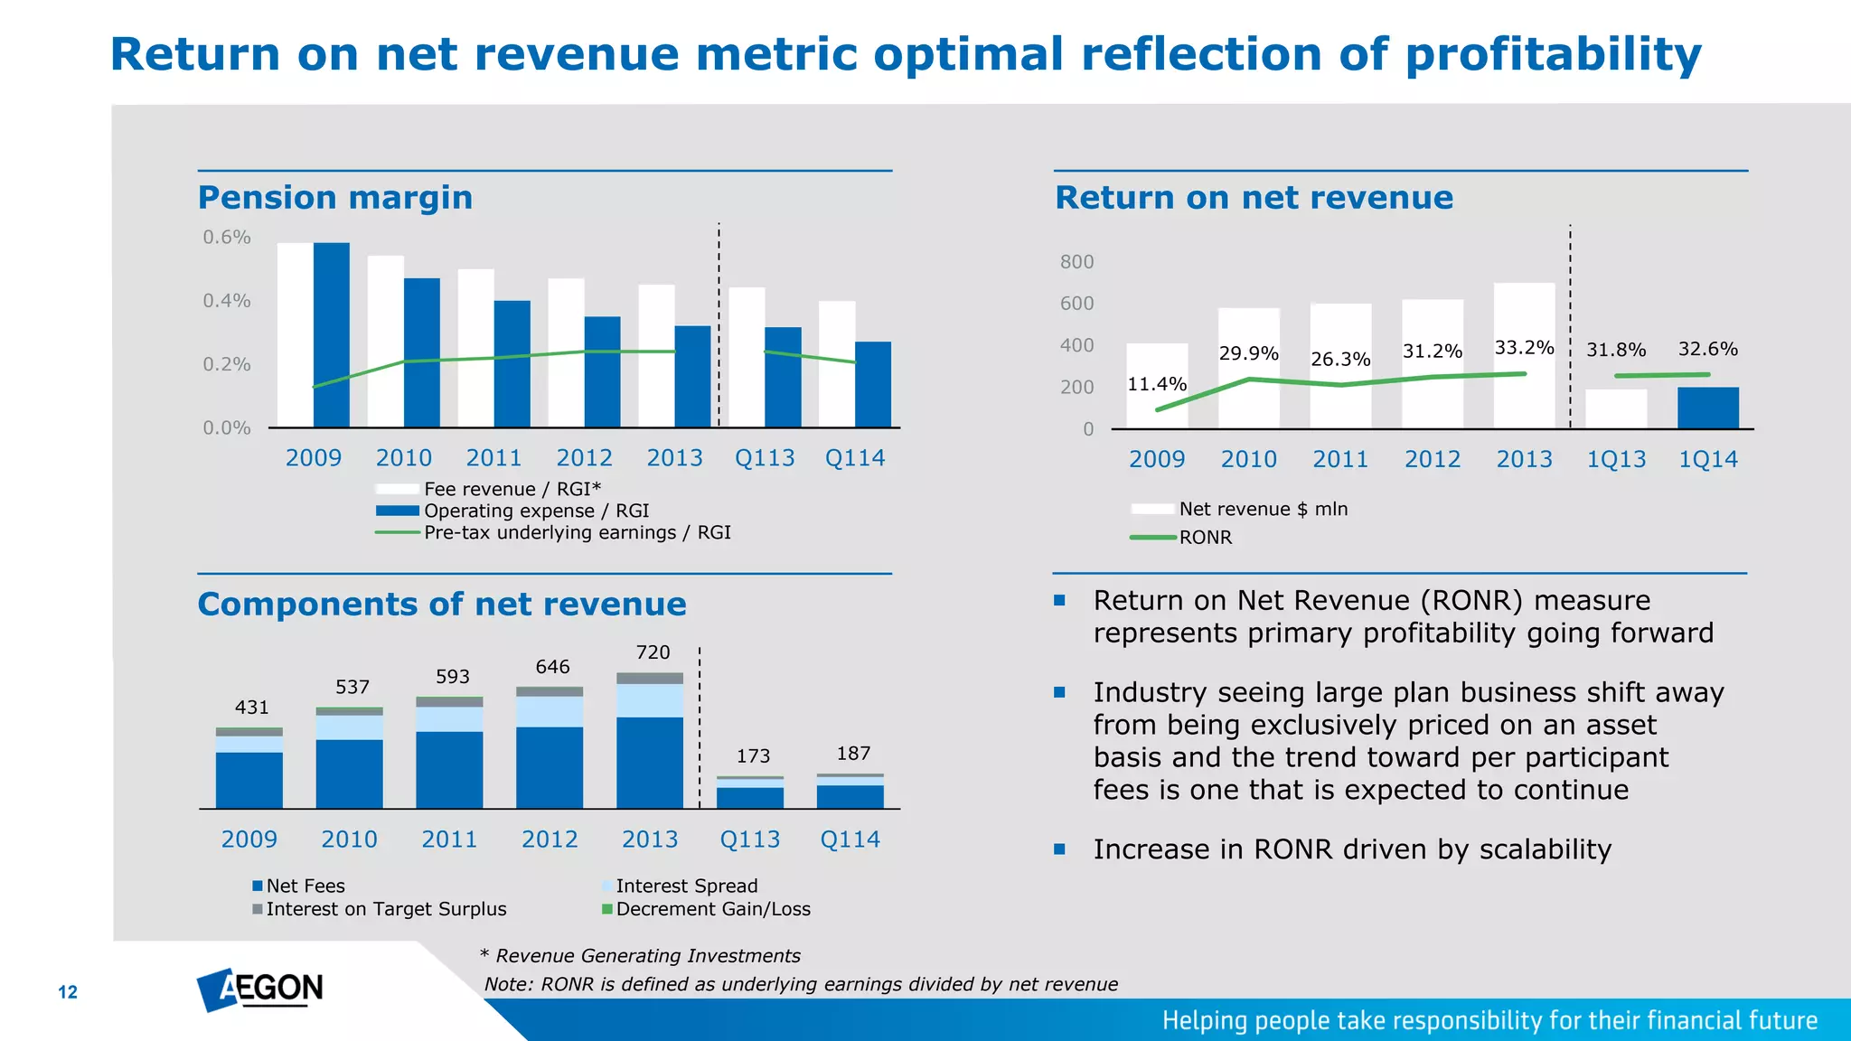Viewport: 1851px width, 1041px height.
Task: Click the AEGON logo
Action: click(260, 989)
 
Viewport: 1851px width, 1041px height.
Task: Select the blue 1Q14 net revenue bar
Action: click(1707, 408)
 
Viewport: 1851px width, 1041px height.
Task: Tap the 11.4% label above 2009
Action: click(1156, 384)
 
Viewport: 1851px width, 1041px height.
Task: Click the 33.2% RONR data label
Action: click(1524, 348)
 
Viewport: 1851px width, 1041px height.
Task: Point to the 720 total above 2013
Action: click(653, 652)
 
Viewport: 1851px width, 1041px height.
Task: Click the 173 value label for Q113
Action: click(753, 756)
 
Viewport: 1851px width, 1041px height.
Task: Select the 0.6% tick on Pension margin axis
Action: click(226, 238)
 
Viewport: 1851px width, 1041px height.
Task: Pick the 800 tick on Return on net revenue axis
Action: click(1076, 262)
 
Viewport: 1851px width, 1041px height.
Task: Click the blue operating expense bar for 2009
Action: click(331, 334)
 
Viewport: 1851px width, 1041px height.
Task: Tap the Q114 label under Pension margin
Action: click(854, 458)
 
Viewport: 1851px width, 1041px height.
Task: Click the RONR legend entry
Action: click(1205, 538)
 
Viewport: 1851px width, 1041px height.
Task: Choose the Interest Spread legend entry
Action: click(686, 886)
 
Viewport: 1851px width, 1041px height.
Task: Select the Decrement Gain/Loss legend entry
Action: click(712, 909)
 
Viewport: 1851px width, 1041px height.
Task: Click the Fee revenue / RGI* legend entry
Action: click(512, 489)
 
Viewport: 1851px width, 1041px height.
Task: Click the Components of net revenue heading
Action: click(442, 604)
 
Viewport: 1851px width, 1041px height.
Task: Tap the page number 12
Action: click(68, 992)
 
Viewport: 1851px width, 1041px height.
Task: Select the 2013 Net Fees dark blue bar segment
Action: click(650, 762)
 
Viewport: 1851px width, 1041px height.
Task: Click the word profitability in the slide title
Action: click(1553, 54)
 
